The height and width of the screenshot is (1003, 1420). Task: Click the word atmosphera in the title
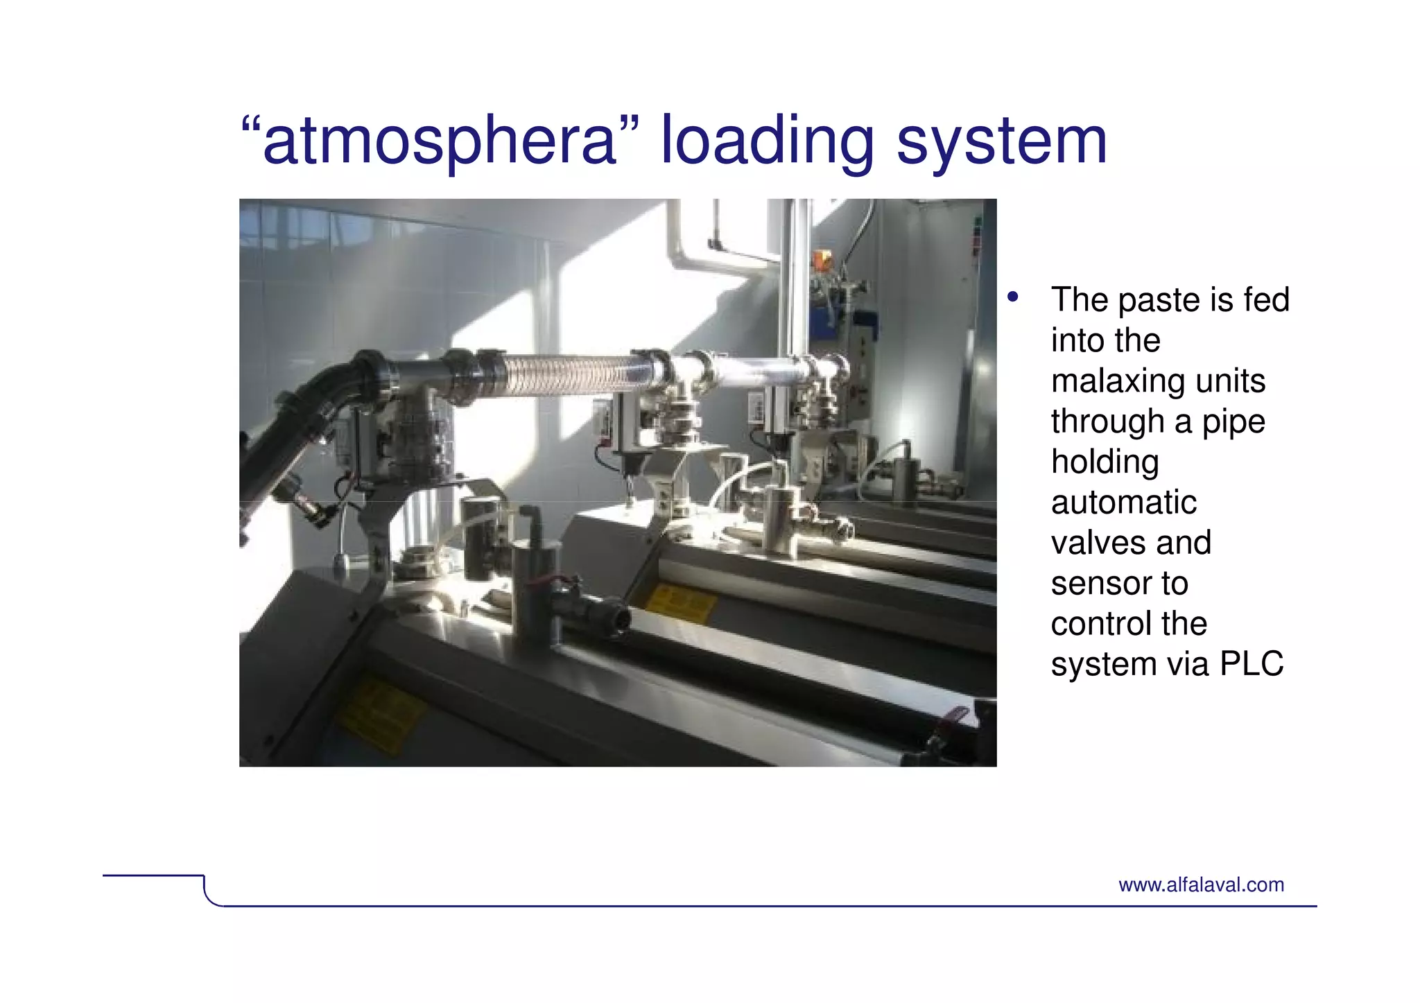(440, 141)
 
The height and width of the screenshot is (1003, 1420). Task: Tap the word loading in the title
(767, 141)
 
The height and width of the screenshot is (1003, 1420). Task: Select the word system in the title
(1001, 141)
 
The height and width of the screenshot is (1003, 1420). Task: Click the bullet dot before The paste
(1013, 297)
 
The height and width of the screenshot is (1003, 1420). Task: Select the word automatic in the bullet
(1123, 503)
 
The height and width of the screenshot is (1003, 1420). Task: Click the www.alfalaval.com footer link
(1201, 885)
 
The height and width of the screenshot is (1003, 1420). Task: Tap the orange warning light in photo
(822, 260)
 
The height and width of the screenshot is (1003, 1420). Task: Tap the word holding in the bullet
(1105, 462)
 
